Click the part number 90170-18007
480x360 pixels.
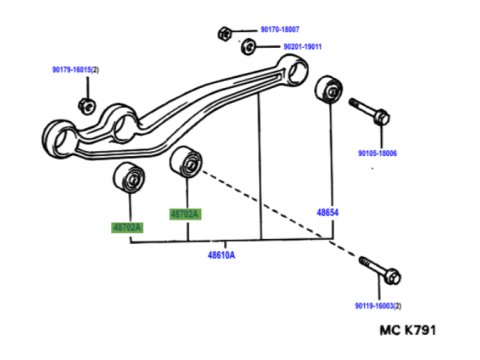click(280, 30)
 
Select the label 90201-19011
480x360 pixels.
click(302, 47)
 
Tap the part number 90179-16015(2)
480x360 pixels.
click(75, 70)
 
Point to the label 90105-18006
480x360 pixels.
click(377, 153)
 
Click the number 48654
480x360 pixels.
click(327, 212)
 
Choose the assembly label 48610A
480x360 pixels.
click(221, 255)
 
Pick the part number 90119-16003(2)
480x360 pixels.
click(378, 306)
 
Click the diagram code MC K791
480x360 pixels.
click(408, 330)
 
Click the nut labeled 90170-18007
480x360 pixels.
click(225, 34)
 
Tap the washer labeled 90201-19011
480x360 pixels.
click(248, 47)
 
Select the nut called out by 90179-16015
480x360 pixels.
click(87, 106)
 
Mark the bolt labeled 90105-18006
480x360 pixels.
click(369, 111)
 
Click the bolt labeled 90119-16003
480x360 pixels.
click(380, 270)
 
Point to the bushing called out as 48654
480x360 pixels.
click(328, 88)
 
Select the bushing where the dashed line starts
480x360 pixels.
click(186, 161)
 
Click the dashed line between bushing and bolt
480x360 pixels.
click(279, 213)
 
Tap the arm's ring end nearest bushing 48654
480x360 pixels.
click(293, 71)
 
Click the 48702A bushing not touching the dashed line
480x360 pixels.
click(129, 177)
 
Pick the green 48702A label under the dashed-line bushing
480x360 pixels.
click(185, 214)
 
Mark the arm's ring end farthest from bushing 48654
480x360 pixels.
click(59, 138)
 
